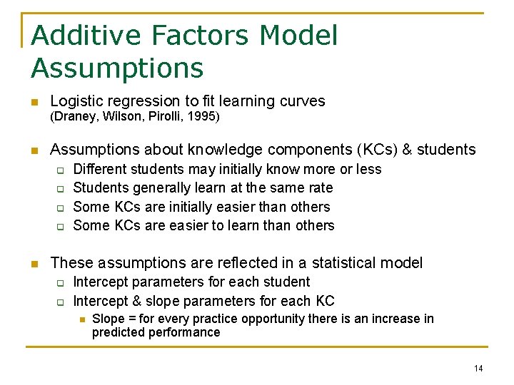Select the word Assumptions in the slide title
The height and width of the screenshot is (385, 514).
(x=117, y=68)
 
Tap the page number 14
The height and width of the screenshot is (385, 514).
(x=478, y=368)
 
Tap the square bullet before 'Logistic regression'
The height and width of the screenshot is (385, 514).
(x=33, y=102)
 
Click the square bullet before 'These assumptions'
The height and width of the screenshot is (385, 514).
(x=33, y=263)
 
